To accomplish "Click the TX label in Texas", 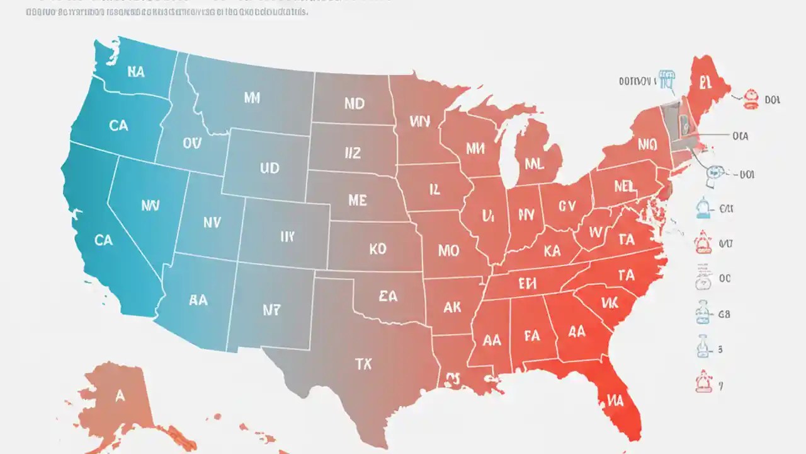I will (363, 364).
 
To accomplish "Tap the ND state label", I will (355, 103).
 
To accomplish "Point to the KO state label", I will (377, 249).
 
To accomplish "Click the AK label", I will (452, 307).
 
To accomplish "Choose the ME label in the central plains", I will (357, 200).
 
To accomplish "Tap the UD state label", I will (270, 169).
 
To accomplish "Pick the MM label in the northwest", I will (251, 98).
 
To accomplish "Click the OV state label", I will (191, 143).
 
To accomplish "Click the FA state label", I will (532, 335).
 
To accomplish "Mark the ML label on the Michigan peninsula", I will (533, 164).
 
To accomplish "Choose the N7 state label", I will (271, 310).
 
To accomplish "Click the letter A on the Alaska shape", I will (120, 396).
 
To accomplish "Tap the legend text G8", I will (724, 313).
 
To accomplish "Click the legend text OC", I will (724, 278).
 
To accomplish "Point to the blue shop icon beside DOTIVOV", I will (667, 79).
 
